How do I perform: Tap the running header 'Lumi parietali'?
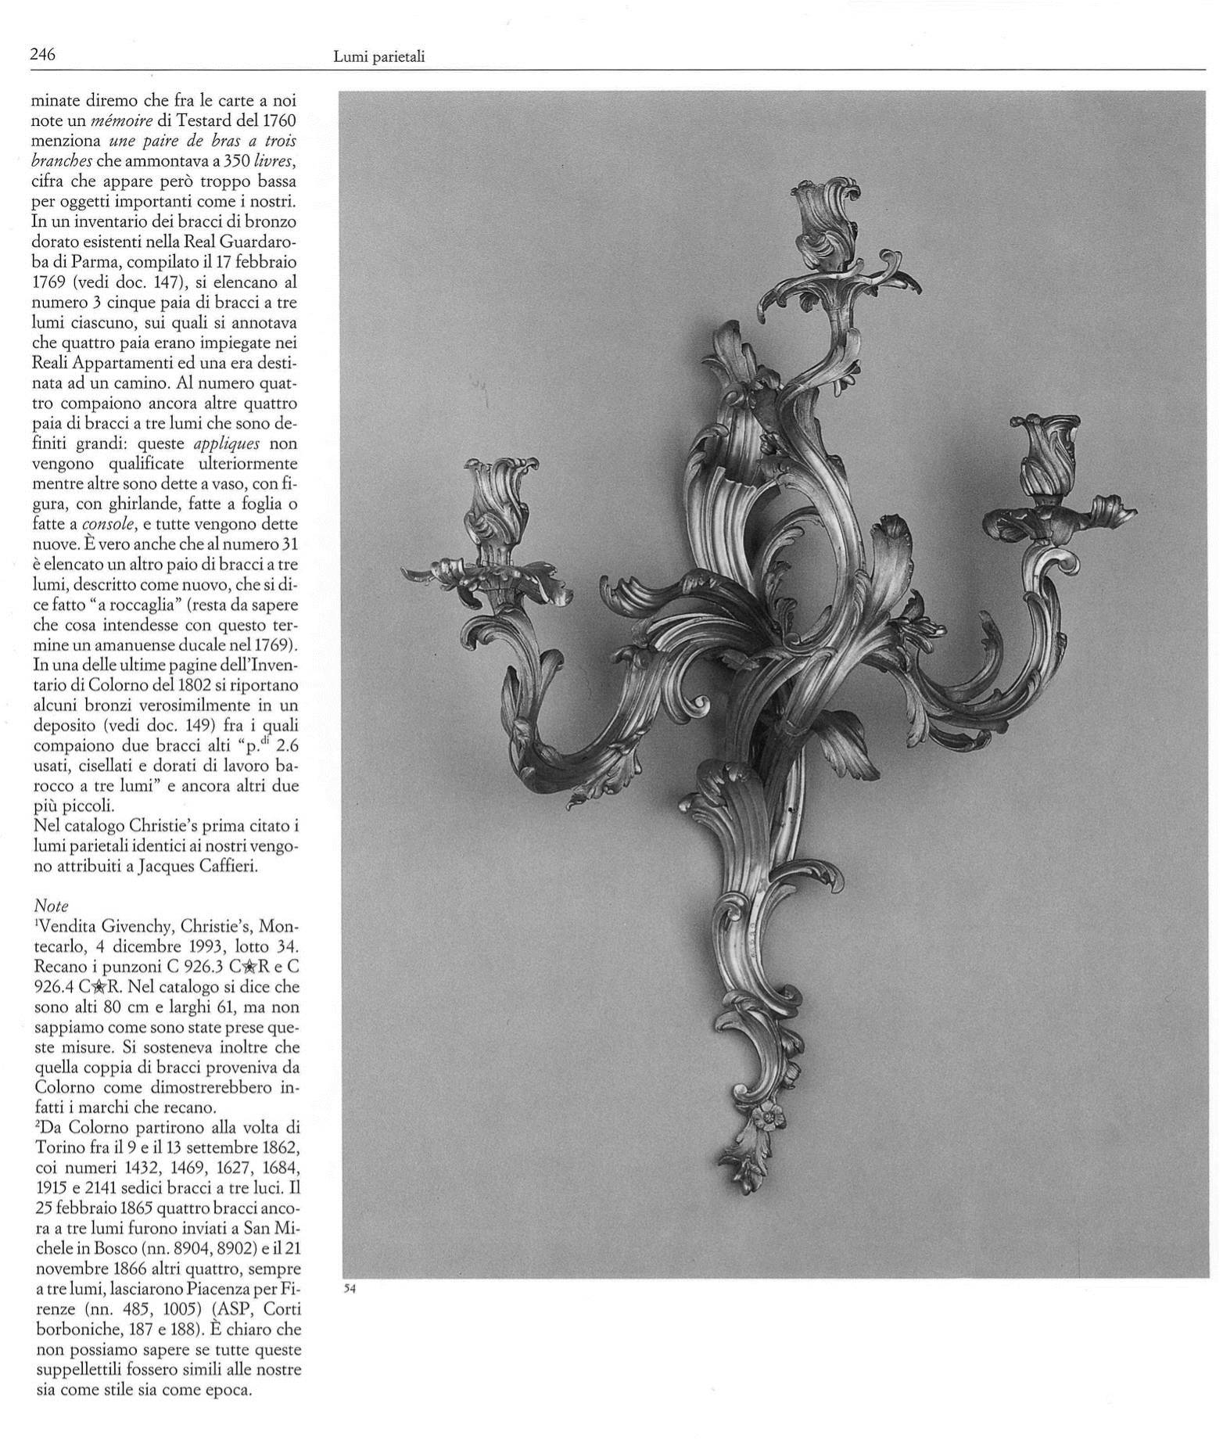(378, 56)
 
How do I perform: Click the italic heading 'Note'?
(52, 906)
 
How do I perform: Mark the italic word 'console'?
(105, 524)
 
